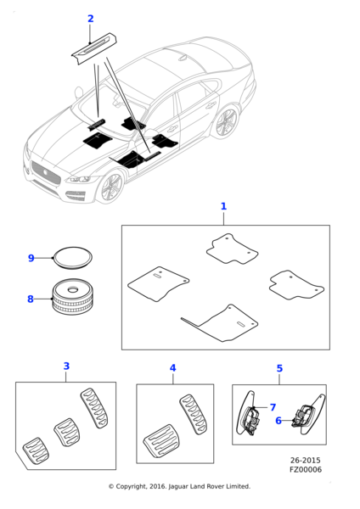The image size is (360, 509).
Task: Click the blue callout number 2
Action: [x=91, y=19]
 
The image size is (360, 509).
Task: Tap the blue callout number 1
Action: [x=223, y=206]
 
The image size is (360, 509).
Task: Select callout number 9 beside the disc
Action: [x=31, y=258]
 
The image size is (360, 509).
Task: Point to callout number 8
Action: [x=31, y=299]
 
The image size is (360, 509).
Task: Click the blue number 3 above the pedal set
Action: [x=66, y=366]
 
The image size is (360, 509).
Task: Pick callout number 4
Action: [x=173, y=368]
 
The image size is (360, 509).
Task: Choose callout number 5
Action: [x=279, y=368]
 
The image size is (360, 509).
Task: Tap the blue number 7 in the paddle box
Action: [x=273, y=407]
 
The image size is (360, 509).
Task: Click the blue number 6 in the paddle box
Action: [x=278, y=421]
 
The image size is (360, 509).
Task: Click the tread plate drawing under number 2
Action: [x=94, y=48]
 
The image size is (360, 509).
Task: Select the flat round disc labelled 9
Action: [x=73, y=258]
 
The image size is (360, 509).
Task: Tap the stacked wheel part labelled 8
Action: [x=72, y=296]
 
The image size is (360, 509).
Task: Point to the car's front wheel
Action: [x=111, y=187]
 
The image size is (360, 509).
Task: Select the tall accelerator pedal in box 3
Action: [x=94, y=408]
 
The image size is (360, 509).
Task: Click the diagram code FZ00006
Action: [x=306, y=470]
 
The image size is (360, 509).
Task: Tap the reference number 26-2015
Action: [x=305, y=461]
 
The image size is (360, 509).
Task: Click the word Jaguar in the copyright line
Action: [x=178, y=487]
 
